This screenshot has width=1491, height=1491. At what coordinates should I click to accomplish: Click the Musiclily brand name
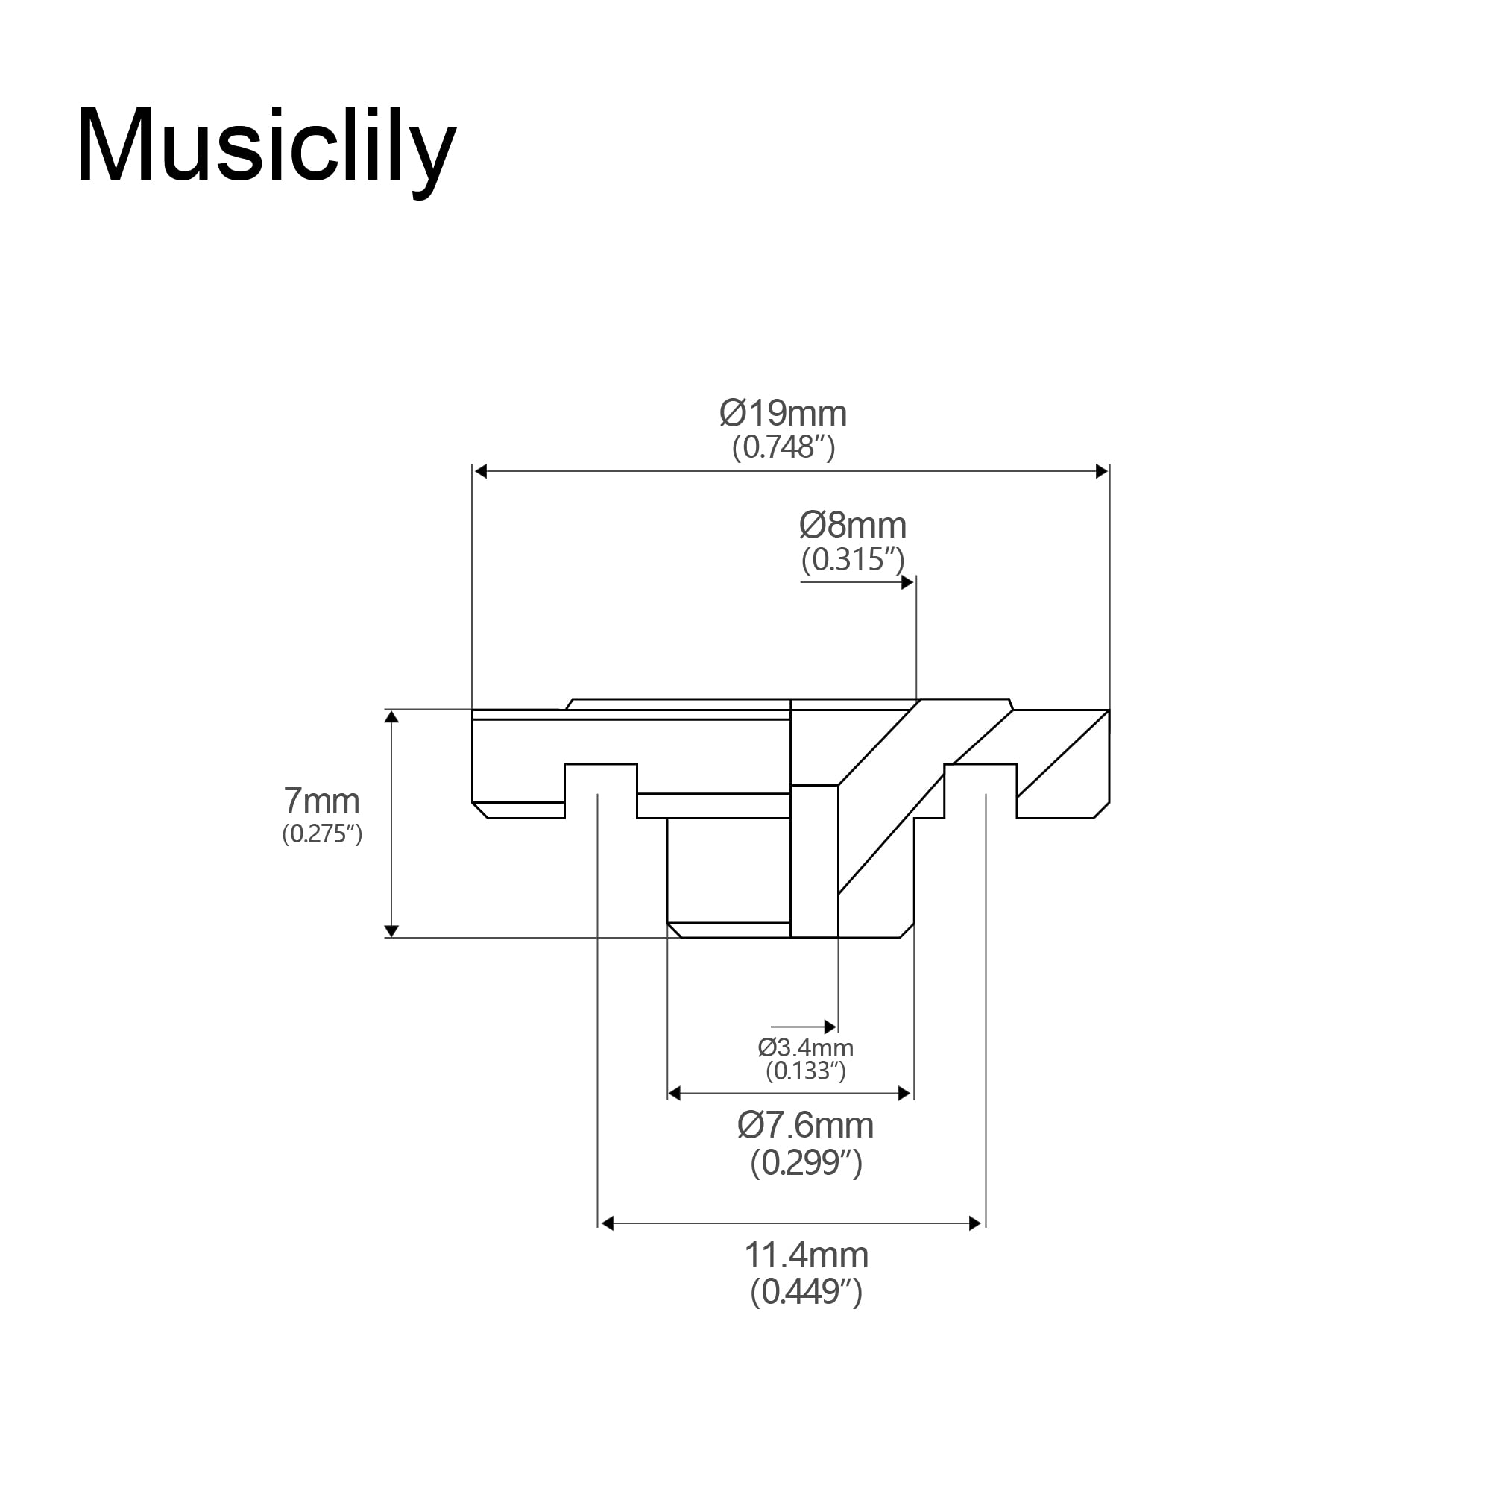point(266,147)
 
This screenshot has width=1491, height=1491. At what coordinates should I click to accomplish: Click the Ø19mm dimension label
point(783,414)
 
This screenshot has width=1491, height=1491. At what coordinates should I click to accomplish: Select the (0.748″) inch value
point(784,448)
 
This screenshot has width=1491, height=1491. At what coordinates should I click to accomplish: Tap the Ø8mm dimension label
point(853,526)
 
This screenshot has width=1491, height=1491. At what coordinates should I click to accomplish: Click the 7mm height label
point(322,802)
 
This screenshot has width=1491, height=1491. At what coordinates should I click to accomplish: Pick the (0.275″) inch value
point(322,834)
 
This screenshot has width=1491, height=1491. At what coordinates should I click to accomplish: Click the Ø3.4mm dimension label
point(806,1048)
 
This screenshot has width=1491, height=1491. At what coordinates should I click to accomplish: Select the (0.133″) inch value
point(806,1071)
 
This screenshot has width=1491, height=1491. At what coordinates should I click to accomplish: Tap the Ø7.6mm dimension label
point(806,1126)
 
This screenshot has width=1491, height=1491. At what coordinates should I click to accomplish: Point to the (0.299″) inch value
point(806,1162)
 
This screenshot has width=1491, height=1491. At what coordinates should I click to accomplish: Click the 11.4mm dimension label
point(806,1255)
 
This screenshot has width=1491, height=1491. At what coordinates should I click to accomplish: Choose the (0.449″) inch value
point(806,1292)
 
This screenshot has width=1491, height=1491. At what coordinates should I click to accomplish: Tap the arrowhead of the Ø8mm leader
point(907,582)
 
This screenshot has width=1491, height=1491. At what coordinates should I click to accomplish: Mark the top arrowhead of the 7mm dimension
point(391,717)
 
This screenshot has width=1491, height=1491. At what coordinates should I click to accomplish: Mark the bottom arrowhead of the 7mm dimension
point(391,930)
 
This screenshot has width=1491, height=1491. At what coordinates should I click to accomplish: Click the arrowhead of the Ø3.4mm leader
point(830,1027)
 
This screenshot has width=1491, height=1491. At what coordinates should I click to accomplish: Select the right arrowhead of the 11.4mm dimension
point(974,1223)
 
